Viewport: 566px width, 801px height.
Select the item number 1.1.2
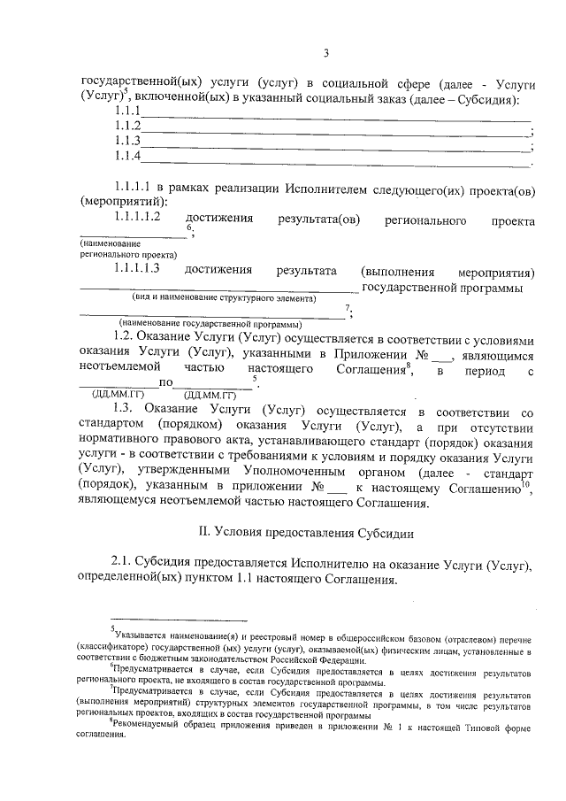click(128, 127)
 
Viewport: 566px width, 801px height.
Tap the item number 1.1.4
click(128, 157)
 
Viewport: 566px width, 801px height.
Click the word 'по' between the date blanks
click(164, 383)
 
